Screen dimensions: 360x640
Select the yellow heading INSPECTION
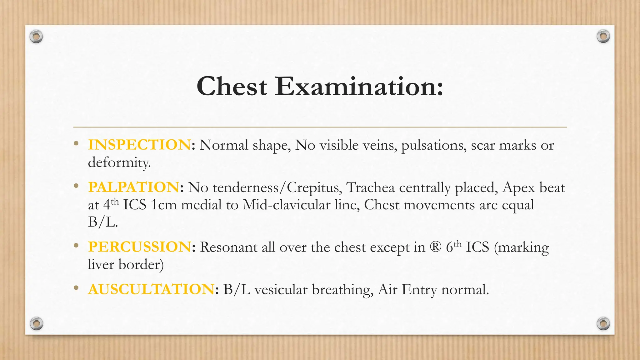(139, 145)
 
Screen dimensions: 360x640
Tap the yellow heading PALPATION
(134, 187)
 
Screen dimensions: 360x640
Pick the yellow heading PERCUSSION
(139, 247)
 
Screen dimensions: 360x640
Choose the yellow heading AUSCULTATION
(151, 289)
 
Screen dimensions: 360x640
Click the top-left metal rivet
(36, 37)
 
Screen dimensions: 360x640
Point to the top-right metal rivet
(603, 37)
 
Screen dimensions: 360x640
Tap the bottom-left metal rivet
(36, 323)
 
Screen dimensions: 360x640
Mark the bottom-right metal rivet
(603, 323)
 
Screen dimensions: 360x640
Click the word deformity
(119, 162)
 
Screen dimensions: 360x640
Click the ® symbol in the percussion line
(435, 247)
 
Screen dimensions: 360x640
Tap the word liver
(101, 264)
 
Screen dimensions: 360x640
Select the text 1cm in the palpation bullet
(163, 205)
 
